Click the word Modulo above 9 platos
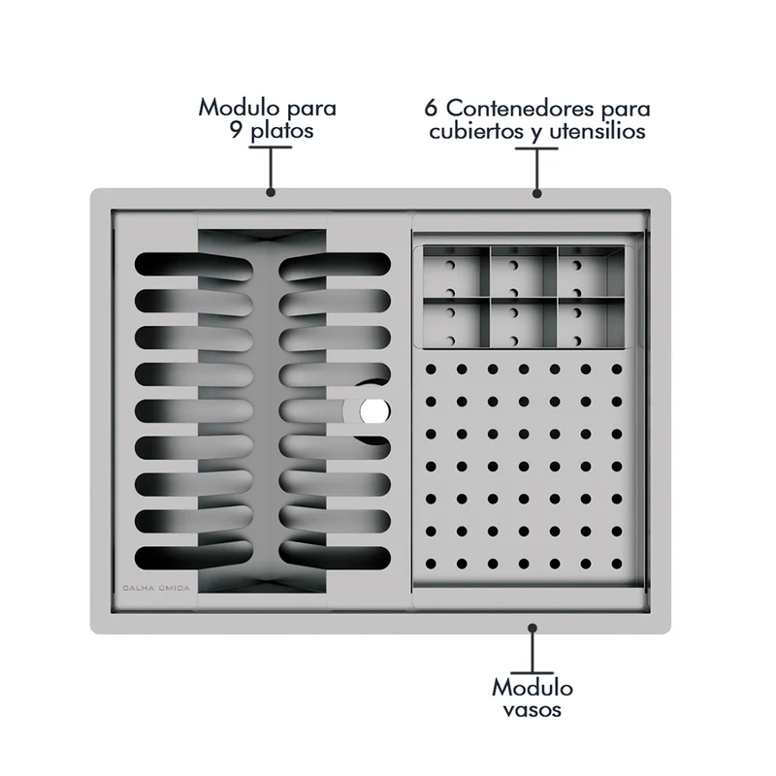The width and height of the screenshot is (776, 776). [x=240, y=107]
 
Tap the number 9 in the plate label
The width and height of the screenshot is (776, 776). [x=236, y=130]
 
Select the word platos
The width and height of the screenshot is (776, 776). [x=281, y=132]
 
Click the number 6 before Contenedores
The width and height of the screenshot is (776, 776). [x=431, y=108]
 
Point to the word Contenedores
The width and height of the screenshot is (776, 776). [x=521, y=108]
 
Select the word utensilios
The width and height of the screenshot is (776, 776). [x=598, y=131]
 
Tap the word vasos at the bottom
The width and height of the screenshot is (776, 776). [x=532, y=710]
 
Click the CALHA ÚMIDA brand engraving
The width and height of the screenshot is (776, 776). [x=156, y=588]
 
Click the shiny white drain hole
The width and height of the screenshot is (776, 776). [x=374, y=411]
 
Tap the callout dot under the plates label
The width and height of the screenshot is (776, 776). [x=271, y=192]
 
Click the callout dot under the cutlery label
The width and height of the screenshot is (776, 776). [x=537, y=193]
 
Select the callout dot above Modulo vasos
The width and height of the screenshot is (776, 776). [x=533, y=628]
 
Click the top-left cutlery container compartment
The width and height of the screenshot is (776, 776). [x=456, y=273]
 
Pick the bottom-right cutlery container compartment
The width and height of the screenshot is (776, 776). [x=592, y=323]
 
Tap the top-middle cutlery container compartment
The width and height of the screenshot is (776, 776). [x=524, y=273]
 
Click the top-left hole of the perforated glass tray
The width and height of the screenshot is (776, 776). [x=431, y=370]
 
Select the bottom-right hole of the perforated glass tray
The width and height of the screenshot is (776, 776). [x=617, y=564]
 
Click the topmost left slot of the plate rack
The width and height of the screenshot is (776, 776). [x=193, y=265]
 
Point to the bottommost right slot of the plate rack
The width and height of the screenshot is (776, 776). [x=335, y=557]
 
